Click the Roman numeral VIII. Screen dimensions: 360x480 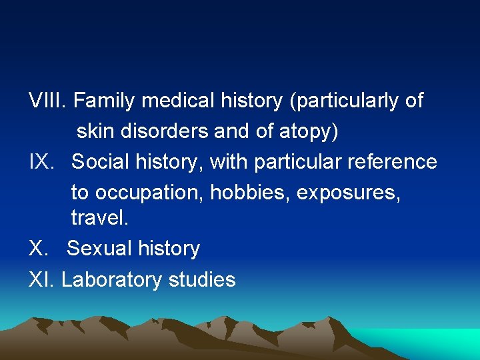pos(47,101)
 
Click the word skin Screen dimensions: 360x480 pos(96,131)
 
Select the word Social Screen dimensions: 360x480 pos(100,162)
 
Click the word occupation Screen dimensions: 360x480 pos(149,193)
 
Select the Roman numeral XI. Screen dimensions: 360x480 pos(41,279)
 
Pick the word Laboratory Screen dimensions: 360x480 pos(112,279)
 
